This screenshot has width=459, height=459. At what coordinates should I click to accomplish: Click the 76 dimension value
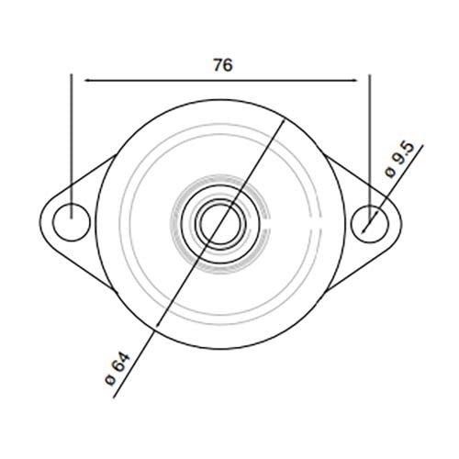tap(222, 64)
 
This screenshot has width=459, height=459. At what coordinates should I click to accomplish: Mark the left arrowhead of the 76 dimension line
tap(89, 80)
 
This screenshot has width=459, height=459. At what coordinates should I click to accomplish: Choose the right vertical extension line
tap(369, 138)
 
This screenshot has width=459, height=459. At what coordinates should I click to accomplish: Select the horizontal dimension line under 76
tap(220, 80)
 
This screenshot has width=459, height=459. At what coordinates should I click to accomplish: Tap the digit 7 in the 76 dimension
tap(216, 64)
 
